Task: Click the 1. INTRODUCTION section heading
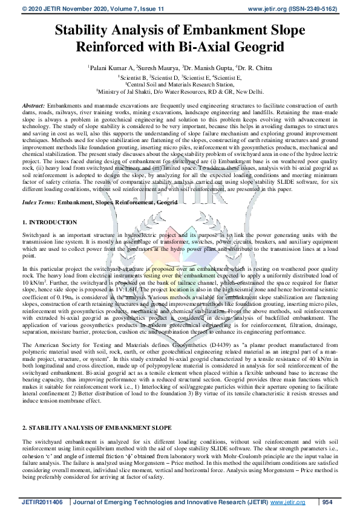(49, 223)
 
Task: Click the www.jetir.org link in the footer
(287, 502)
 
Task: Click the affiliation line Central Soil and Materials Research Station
(179, 85)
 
